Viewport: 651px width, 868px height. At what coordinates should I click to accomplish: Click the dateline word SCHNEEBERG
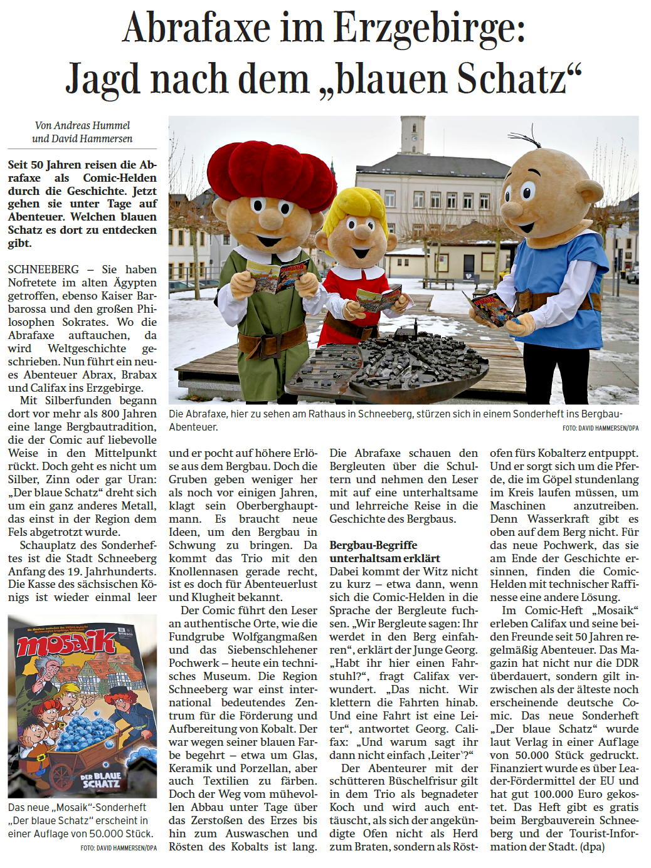coord(43,269)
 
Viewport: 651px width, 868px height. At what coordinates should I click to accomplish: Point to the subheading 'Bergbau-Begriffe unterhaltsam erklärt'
coord(385,552)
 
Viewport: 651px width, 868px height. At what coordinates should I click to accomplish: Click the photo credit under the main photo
coord(600,429)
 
